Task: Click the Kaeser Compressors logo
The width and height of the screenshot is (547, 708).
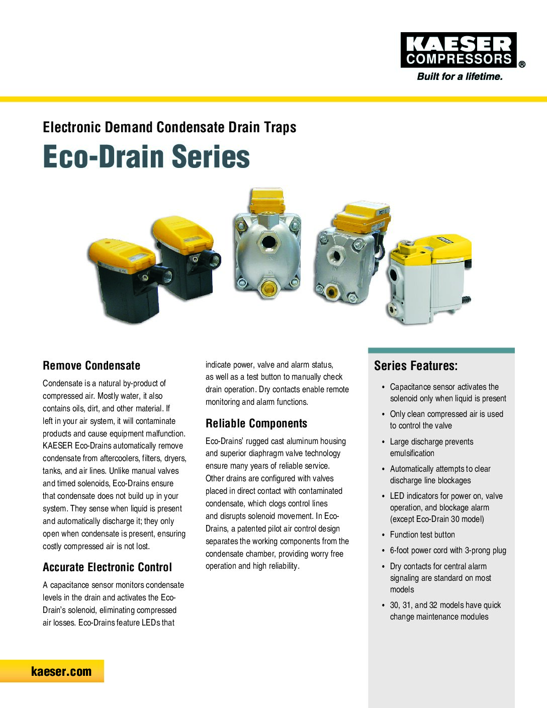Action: coord(459,50)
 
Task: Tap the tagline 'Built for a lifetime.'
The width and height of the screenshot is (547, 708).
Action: coord(460,77)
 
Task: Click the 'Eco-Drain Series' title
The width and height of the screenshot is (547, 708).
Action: coord(146,156)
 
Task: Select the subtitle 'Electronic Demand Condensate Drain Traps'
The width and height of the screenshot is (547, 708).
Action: coord(169,127)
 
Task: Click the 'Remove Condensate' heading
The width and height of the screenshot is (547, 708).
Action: coord(92,366)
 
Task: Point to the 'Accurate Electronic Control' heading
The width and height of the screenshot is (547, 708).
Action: coord(107,567)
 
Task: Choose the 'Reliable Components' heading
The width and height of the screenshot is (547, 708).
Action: coord(256,423)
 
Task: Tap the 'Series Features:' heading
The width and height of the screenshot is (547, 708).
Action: coord(416,366)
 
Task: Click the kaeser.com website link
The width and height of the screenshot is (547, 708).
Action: coord(61,671)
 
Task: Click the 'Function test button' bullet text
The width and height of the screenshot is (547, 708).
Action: coord(422,535)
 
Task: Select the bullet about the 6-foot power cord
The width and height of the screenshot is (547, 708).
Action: coord(448,550)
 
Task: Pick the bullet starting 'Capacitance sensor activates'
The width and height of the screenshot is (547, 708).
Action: coord(447,393)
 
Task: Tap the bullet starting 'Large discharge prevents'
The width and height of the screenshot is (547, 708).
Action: coord(431,447)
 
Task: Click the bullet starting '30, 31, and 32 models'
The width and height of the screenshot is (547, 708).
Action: coord(445,611)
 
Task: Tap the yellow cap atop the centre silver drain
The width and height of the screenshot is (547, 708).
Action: coord(268,201)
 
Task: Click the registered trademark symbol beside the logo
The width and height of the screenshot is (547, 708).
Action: coord(522,64)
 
